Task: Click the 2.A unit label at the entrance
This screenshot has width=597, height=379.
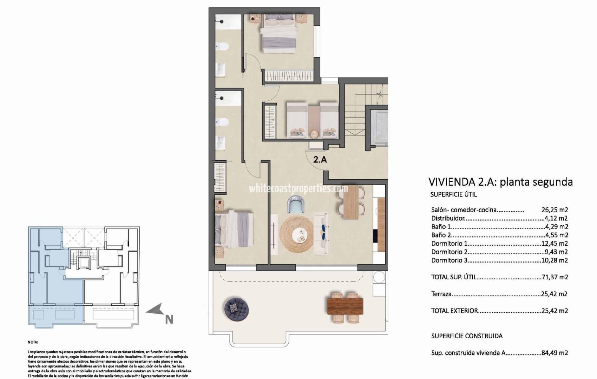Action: [x=320, y=160]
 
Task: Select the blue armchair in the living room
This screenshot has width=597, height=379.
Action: [x=296, y=205]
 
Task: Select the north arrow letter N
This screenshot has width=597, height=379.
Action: [x=169, y=319]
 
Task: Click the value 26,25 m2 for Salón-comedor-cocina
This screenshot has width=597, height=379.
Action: [x=555, y=210]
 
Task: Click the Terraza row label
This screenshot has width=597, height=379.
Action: [x=441, y=294]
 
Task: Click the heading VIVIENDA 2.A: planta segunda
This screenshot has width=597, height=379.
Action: [x=500, y=182]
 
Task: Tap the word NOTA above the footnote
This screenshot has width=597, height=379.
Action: [x=33, y=342]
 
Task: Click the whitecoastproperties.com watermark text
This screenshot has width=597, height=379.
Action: [x=298, y=188]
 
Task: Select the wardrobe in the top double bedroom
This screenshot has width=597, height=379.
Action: [x=289, y=75]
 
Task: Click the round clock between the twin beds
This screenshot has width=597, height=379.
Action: [x=314, y=133]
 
